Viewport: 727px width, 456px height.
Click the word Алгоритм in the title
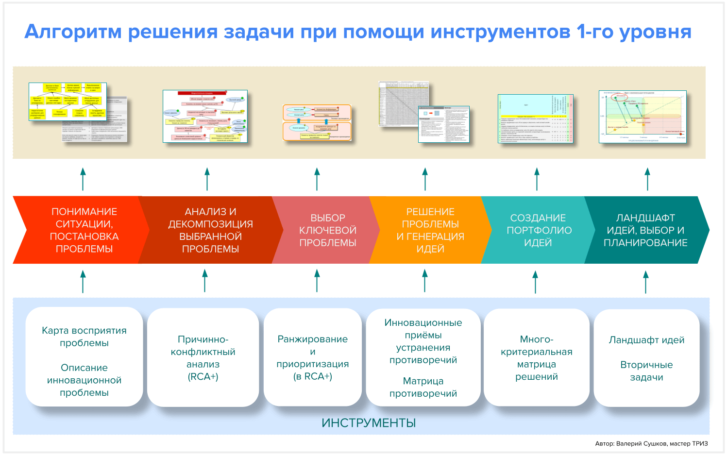73,32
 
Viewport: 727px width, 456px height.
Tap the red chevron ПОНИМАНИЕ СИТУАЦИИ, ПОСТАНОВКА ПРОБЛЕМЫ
84,230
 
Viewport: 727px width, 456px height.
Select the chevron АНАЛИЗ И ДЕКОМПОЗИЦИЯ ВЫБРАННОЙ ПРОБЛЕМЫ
210,230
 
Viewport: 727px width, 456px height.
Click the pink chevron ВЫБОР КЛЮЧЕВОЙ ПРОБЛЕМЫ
327,230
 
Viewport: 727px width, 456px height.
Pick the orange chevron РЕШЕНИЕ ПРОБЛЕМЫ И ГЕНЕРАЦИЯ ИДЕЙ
430,230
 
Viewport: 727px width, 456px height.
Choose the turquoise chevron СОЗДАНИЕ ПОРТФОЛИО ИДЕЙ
538,230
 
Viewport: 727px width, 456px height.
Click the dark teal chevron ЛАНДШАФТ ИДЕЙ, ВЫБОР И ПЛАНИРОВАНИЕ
645,230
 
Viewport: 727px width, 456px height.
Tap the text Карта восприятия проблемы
84,337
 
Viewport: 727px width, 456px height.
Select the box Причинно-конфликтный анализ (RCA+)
203,358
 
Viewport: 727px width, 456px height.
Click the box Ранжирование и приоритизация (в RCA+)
313,358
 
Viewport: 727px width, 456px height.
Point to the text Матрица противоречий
423,387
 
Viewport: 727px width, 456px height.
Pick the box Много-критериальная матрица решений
537,358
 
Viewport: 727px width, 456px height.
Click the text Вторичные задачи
646,371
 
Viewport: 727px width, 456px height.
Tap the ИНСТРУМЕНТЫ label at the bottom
369,423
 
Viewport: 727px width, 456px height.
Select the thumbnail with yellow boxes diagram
68,102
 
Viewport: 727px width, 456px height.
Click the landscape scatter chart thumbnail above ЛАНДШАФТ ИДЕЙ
642,117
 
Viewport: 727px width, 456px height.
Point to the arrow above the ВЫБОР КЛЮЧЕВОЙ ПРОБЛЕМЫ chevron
317,179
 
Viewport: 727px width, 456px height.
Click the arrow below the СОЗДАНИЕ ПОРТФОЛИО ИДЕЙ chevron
535,282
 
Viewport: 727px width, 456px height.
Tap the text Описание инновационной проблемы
84,380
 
